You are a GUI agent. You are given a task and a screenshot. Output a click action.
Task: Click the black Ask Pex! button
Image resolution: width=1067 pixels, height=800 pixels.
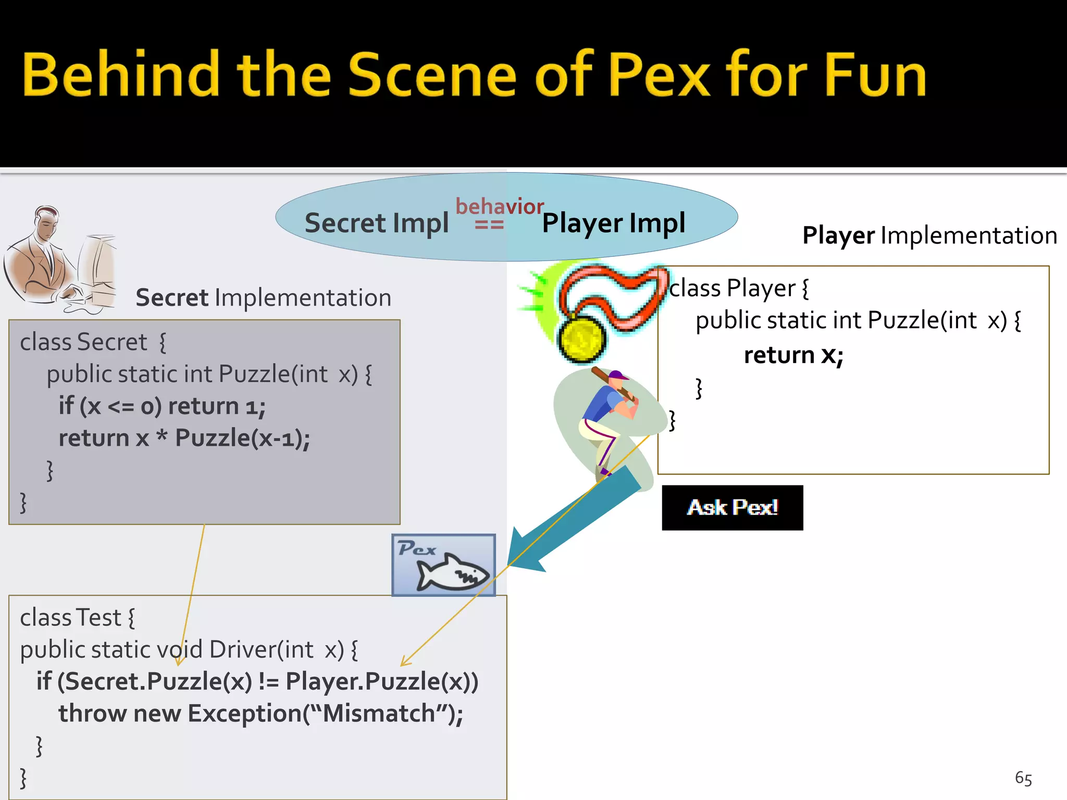tap(732, 507)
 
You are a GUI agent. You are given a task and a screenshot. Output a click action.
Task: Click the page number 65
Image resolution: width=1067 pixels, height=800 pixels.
tap(1023, 778)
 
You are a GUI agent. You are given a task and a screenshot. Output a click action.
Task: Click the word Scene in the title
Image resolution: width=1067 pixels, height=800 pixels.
tap(431, 75)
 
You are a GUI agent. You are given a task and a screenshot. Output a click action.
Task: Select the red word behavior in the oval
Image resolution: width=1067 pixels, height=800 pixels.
tap(499, 207)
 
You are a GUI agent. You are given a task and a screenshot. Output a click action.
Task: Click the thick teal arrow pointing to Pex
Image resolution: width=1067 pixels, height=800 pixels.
tap(573, 521)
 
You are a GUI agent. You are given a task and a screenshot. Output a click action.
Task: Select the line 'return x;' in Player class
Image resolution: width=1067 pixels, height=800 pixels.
tap(793, 356)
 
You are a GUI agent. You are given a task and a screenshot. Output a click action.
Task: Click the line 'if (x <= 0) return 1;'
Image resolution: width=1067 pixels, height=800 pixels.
tap(162, 406)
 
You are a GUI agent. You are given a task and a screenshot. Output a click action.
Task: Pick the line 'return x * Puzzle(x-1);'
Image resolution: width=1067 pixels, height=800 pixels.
tap(184, 438)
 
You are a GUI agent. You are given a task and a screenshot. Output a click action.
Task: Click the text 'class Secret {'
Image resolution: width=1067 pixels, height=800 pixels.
tap(93, 343)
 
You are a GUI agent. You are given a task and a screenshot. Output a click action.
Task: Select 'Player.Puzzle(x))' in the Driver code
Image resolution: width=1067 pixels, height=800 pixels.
tap(381, 682)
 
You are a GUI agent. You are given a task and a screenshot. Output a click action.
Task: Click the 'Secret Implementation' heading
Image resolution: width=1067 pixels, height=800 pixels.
tap(263, 298)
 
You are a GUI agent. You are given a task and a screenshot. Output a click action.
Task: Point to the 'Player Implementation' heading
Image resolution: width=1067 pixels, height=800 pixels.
tap(929, 235)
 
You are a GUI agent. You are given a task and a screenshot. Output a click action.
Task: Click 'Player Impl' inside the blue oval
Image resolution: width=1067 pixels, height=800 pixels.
tap(613, 223)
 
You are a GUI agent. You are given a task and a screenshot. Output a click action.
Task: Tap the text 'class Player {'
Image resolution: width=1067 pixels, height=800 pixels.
tap(738, 289)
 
